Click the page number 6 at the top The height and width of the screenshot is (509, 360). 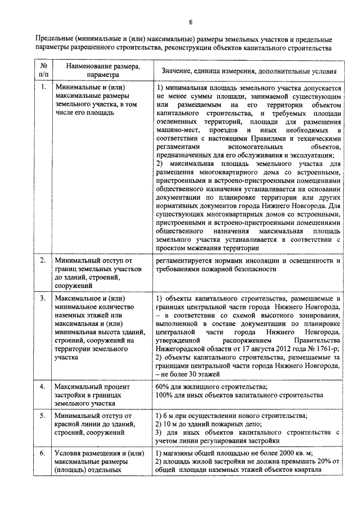pos(190,21)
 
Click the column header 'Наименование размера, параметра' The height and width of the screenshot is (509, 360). pos(103,70)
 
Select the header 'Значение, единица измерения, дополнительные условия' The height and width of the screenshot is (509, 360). pos(249,71)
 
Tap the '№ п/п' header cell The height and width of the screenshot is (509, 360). pos(43,70)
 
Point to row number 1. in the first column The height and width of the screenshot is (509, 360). pos(43,88)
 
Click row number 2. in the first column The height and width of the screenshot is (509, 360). pos(43,261)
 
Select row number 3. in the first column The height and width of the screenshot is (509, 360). pos(43,298)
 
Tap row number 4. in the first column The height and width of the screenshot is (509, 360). pos(43,387)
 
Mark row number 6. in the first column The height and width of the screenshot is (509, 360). pos(43,453)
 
